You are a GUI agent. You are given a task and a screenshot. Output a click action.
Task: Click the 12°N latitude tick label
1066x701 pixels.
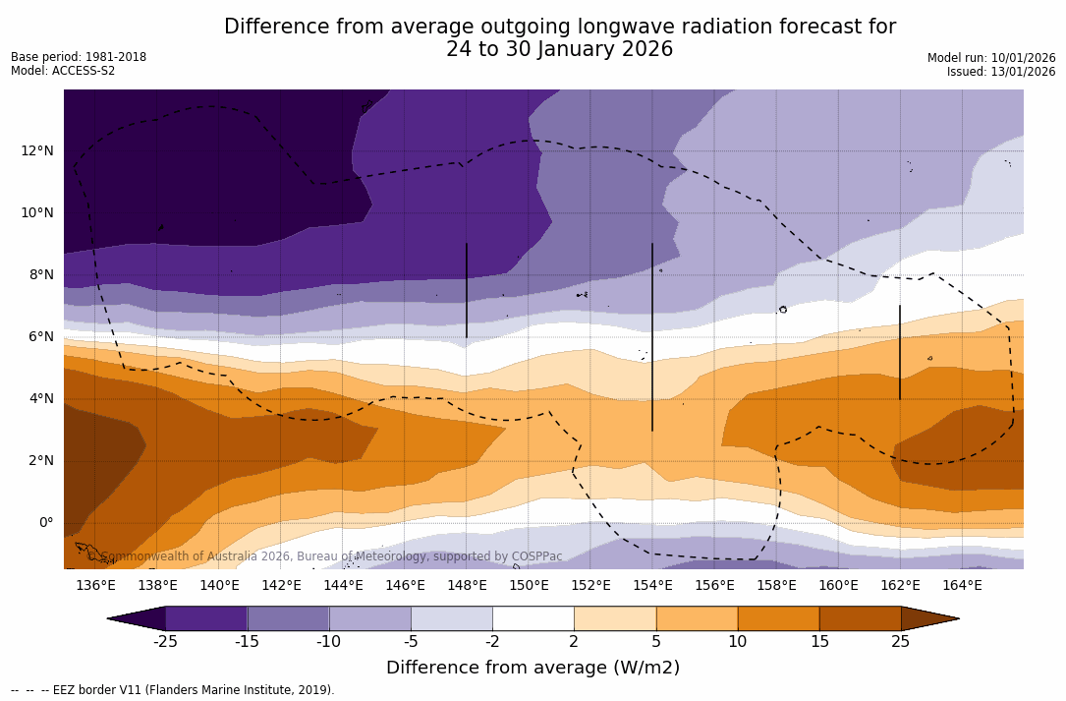[37, 150]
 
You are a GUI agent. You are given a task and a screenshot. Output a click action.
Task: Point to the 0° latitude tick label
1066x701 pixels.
[46, 522]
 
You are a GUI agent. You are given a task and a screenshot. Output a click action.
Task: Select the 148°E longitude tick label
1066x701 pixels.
[467, 586]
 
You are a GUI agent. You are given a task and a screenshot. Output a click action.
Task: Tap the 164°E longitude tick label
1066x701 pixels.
[962, 586]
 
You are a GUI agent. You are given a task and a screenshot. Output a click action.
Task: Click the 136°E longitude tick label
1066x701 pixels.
[95, 586]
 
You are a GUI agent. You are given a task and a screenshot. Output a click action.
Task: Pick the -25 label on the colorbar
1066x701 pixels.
[165, 642]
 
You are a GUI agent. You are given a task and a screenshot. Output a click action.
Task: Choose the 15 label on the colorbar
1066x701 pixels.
[819, 642]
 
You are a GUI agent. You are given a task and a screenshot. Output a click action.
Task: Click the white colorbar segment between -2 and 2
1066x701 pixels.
[533, 618]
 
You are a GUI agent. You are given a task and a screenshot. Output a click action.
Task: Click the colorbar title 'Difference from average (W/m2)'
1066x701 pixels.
[533, 669]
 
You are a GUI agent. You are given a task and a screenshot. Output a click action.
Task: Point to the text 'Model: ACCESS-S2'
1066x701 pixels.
[63, 71]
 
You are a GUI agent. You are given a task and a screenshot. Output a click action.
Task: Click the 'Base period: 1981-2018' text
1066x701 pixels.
[79, 57]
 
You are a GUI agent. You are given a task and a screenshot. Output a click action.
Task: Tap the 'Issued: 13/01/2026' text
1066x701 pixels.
[1001, 72]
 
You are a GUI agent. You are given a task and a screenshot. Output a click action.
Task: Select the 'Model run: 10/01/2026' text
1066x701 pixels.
[991, 58]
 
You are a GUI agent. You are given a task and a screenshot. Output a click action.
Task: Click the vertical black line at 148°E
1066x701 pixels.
[467, 290]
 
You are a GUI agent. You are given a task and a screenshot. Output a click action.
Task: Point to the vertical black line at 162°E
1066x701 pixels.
[900, 352]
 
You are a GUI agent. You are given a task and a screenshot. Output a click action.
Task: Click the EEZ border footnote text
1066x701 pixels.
[173, 690]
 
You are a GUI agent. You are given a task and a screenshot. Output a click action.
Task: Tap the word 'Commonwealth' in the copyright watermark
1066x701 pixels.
[139, 556]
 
